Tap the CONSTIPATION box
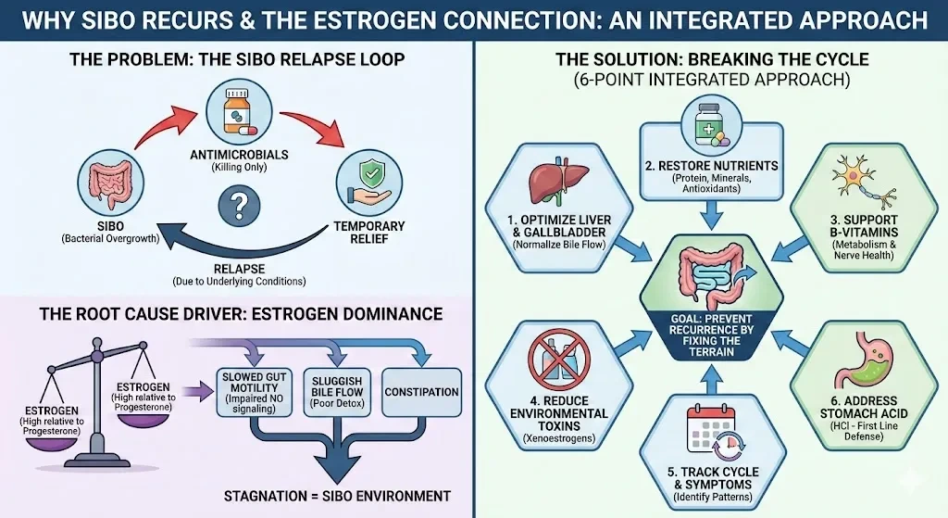point(421,392)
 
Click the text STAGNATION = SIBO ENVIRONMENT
point(337,496)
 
